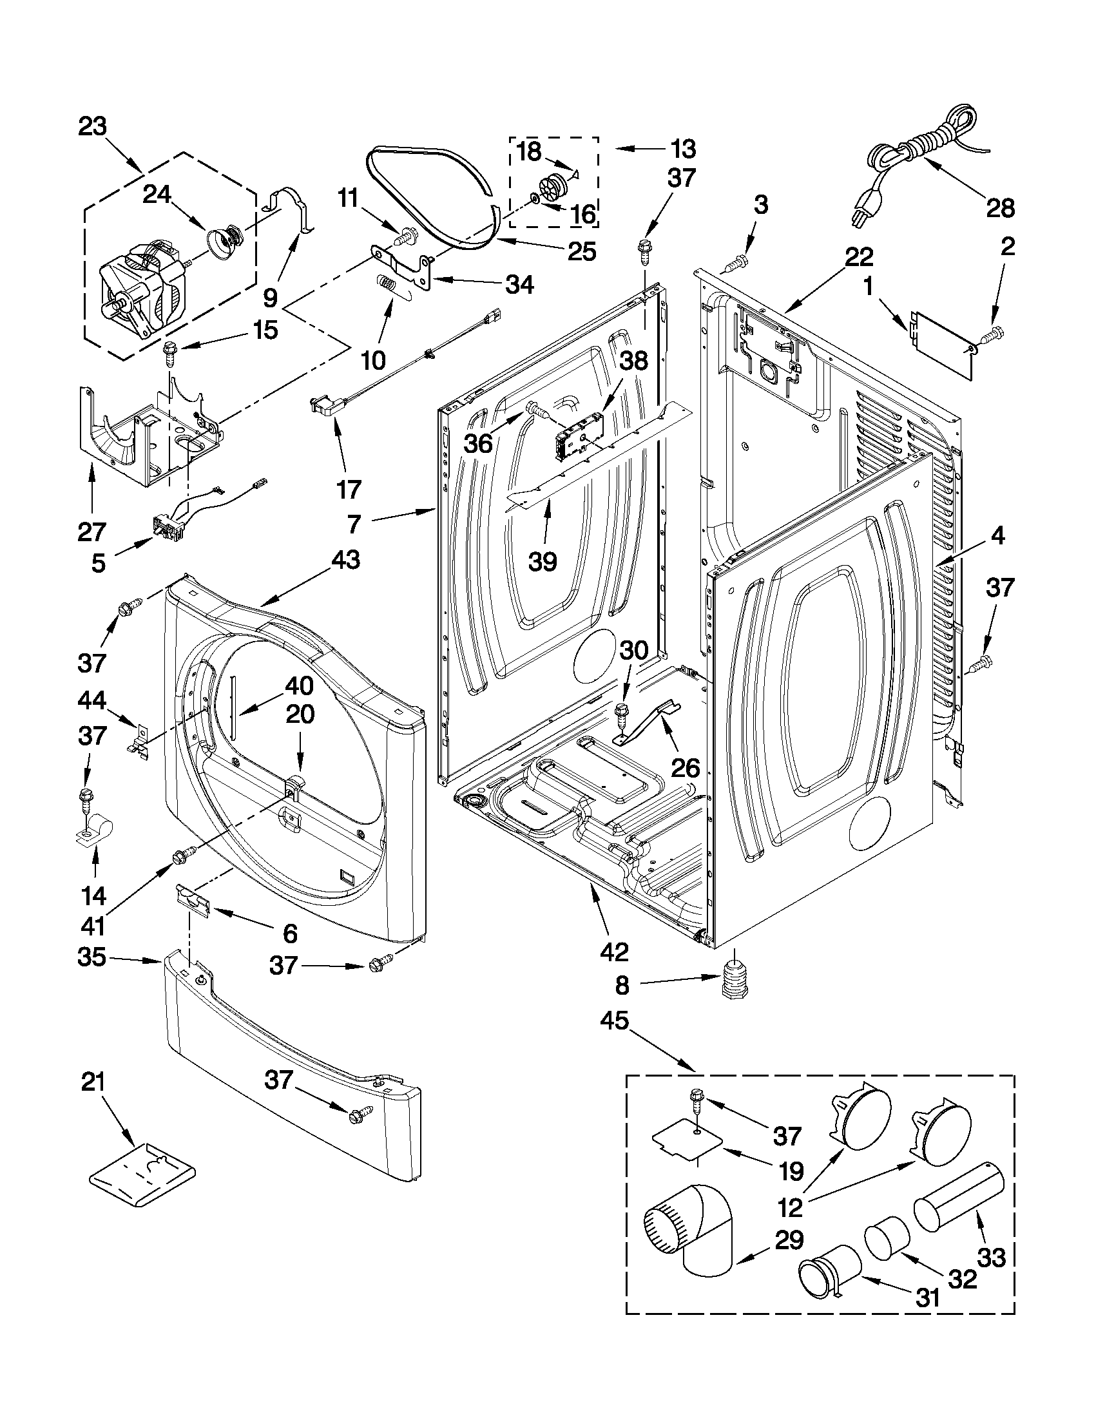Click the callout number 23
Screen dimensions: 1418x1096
pyautogui.click(x=92, y=126)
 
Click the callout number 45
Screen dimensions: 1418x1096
pyautogui.click(x=614, y=1021)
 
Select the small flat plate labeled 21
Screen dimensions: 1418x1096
pyautogui.click(x=142, y=1176)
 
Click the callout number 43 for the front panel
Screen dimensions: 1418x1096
pyautogui.click(x=346, y=560)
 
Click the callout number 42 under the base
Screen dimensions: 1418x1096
pyautogui.click(x=615, y=952)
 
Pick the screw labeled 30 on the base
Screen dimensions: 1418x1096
pyautogui.click(x=621, y=713)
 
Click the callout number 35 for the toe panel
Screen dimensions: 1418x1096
pyautogui.click(x=91, y=956)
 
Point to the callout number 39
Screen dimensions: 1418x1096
pyautogui.click(x=542, y=560)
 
